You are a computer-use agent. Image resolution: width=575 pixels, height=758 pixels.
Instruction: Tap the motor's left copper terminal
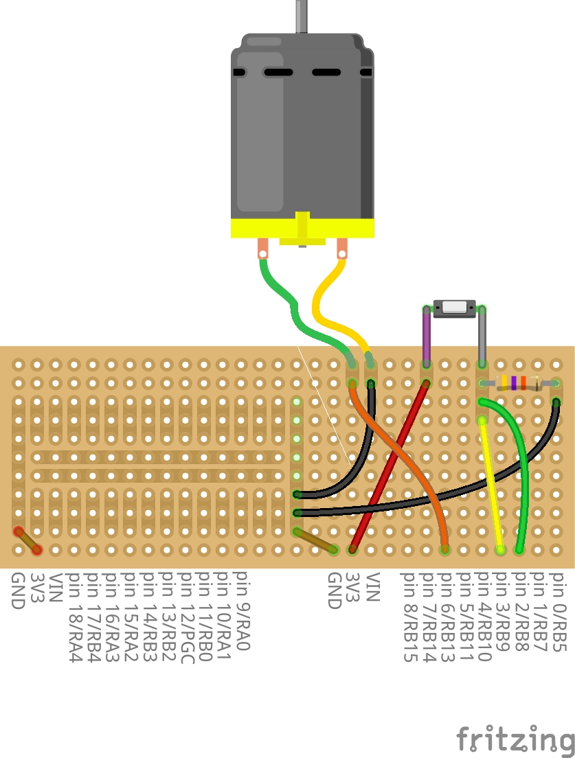tap(263, 248)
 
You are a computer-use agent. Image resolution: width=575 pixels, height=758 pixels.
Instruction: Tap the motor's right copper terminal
tap(341, 248)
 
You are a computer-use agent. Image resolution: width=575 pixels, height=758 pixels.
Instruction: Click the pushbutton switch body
tap(454, 307)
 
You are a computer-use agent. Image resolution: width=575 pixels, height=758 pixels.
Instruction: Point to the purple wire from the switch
tap(426, 336)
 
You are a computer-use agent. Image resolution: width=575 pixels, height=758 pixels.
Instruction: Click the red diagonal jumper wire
tap(389, 467)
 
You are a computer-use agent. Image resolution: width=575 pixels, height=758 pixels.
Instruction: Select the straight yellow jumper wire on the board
tap(492, 481)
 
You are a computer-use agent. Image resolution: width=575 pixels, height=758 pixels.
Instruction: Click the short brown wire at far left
tap(27, 540)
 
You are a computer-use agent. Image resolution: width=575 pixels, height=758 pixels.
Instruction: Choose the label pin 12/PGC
tap(185, 617)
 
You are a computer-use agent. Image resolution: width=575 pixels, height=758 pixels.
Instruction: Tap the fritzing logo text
tap(515, 740)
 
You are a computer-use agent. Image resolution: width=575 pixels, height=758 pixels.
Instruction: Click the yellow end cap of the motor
tap(302, 229)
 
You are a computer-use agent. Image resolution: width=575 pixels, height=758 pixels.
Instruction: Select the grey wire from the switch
tap(482, 336)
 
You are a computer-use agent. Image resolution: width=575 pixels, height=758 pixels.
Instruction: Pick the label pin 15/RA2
tap(130, 617)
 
